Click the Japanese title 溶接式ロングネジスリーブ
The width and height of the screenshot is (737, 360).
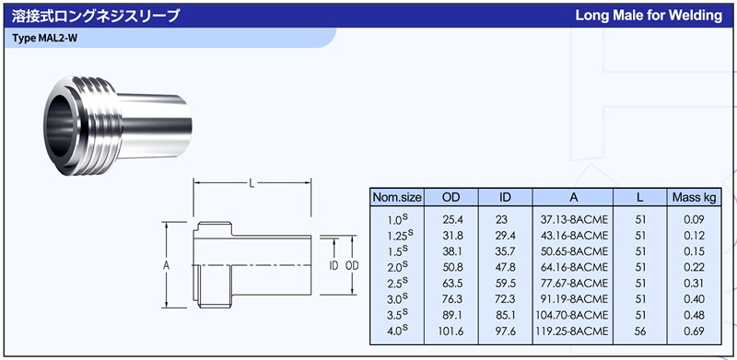point(96,16)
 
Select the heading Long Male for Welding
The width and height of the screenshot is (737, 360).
point(649,16)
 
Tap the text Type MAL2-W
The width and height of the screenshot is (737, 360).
point(44,39)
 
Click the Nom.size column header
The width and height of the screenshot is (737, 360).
point(397,197)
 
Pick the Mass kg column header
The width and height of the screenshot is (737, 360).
point(694,197)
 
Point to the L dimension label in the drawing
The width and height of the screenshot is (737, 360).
point(252,183)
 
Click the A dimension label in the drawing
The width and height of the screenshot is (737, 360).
point(166,266)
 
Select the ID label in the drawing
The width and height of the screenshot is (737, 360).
point(333,266)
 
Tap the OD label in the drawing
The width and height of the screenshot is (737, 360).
point(352,266)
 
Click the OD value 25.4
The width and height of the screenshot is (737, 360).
point(451,219)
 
